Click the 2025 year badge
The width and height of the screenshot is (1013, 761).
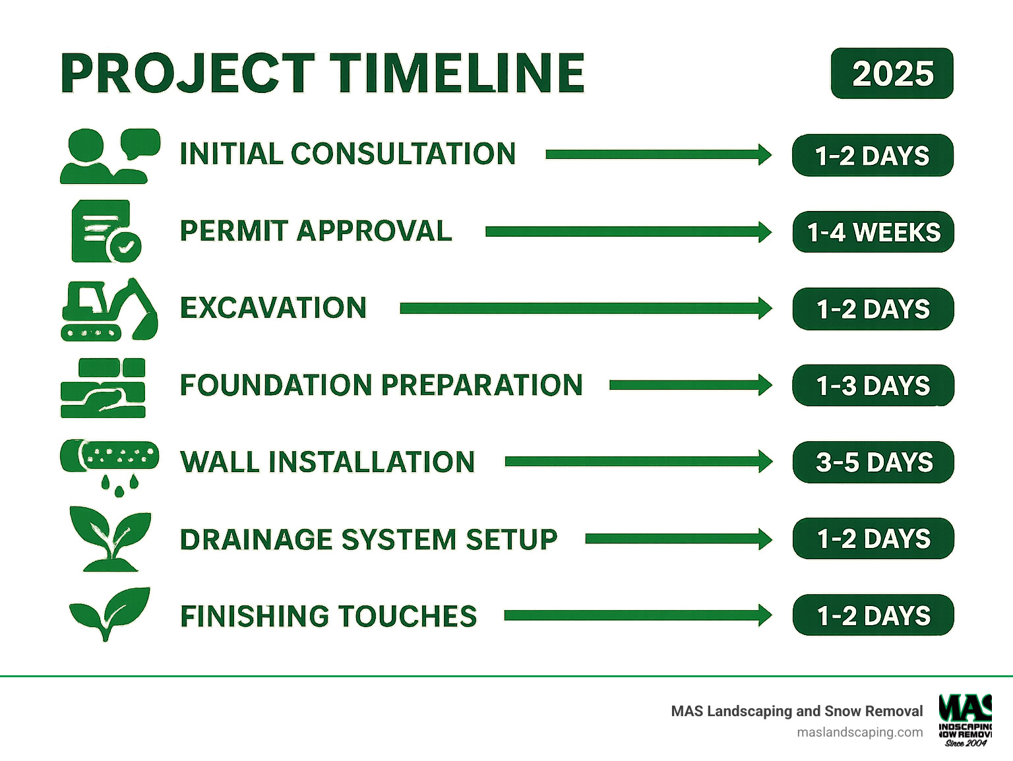click(x=892, y=73)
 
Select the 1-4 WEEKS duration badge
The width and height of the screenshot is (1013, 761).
click(x=873, y=232)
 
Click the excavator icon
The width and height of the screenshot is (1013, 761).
click(x=109, y=309)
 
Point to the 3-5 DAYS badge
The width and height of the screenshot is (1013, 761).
click(x=873, y=462)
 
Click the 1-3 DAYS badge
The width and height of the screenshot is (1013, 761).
click(x=873, y=386)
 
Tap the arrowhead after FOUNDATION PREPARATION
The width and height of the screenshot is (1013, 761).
click(x=765, y=385)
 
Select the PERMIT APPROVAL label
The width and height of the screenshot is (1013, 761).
click(x=316, y=231)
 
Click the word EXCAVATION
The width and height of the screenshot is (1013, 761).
click(x=273, y=308)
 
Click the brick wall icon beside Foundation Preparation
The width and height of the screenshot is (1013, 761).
click(x=103, y=388)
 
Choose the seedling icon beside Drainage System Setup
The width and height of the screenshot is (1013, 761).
click(x=109, y=538)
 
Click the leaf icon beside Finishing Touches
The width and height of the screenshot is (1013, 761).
click(x=109, y=613)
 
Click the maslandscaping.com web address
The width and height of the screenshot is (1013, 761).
click(x=859, y=732)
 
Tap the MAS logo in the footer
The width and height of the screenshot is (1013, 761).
click(x=965, y=719)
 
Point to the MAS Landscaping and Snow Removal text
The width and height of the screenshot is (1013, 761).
click(x=796, y=711)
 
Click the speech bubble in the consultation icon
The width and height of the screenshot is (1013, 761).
click(x=140, y=141)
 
